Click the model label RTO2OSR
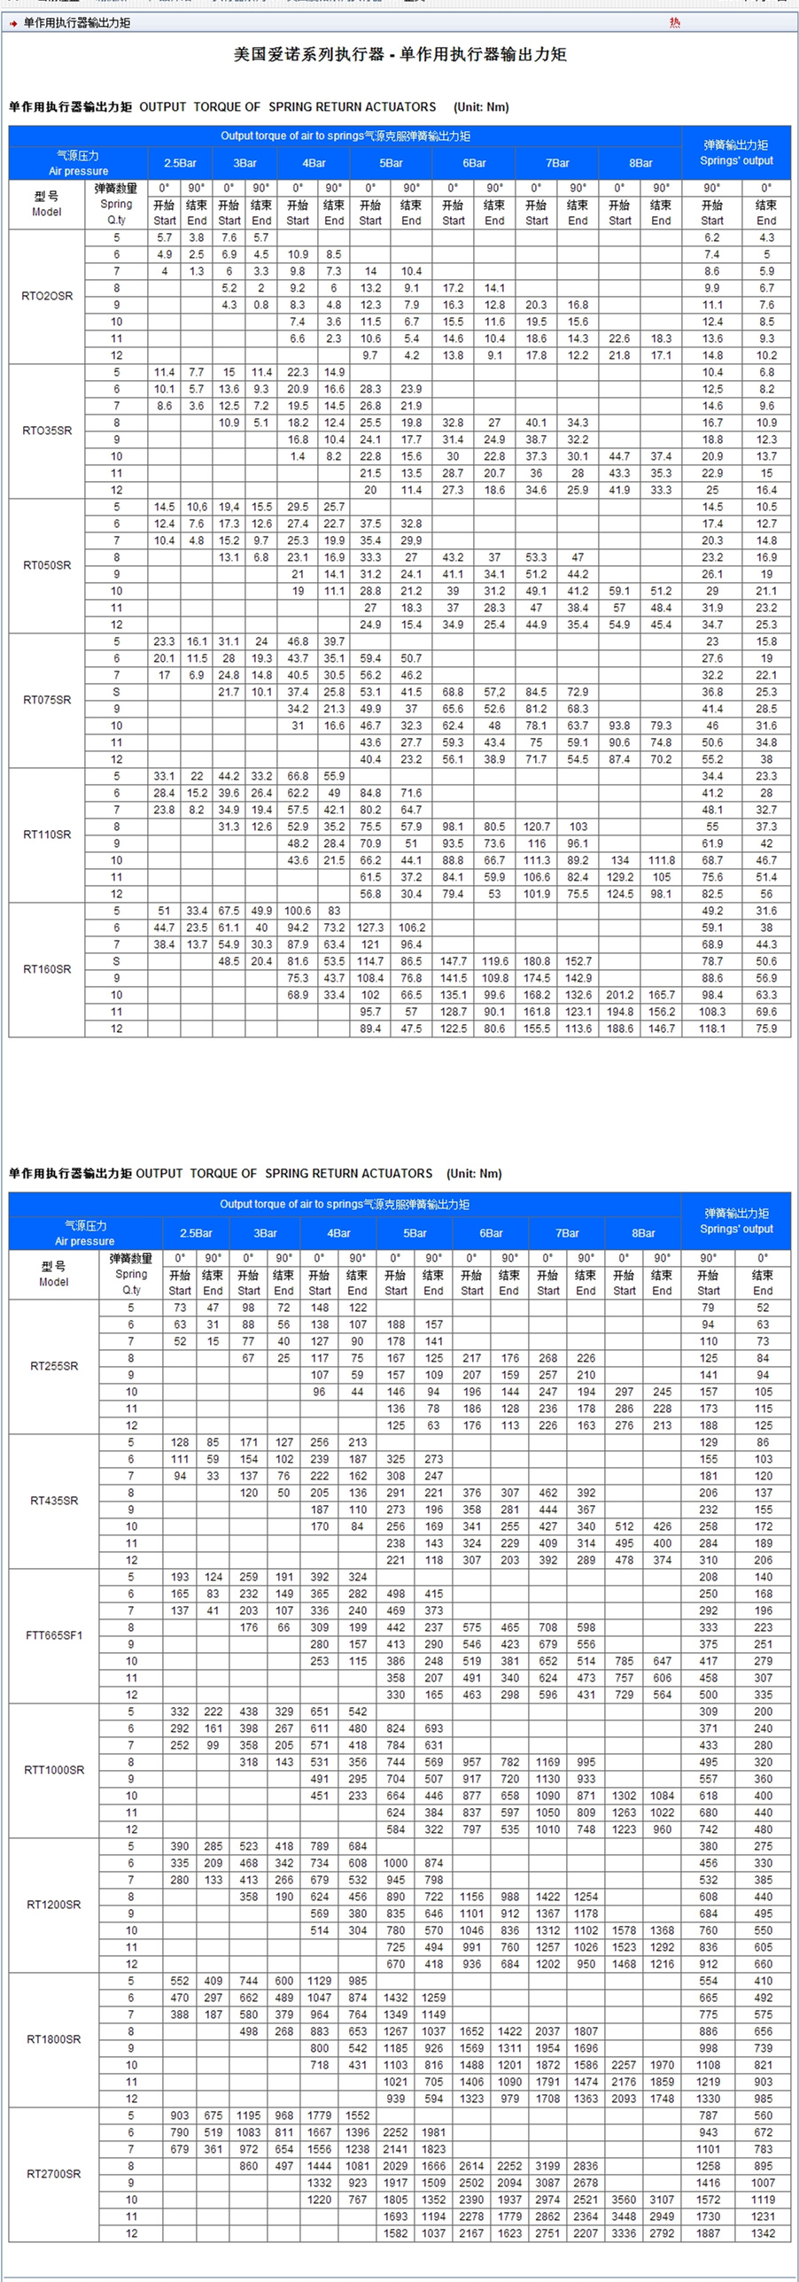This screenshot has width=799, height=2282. [47, 296]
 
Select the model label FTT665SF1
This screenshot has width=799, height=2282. [54, 1635]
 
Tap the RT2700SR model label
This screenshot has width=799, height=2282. [54, 2174]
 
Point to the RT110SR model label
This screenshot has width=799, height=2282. [47, 834]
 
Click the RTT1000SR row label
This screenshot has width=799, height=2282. [54, 1770]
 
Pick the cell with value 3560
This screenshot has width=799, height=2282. [624, 2200]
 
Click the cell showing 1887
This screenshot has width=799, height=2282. [708, 2233]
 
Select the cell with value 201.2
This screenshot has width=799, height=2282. [619, 995]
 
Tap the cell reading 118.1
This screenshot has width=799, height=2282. [712, 1028]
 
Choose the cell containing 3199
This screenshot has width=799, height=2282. [547, 2166]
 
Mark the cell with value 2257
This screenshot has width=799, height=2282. [624, 2065]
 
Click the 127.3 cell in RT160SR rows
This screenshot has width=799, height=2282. [370, 928]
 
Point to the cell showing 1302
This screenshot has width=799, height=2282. [624, 1796]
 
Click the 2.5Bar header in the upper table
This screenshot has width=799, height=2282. [180, 163]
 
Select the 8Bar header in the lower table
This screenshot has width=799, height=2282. [643, 1233]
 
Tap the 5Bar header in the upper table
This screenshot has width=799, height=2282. [391, 163]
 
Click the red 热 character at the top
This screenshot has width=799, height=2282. [675, 23]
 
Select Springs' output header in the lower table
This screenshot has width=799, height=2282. [736, 1222]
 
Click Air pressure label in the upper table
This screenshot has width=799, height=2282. [78, 171]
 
